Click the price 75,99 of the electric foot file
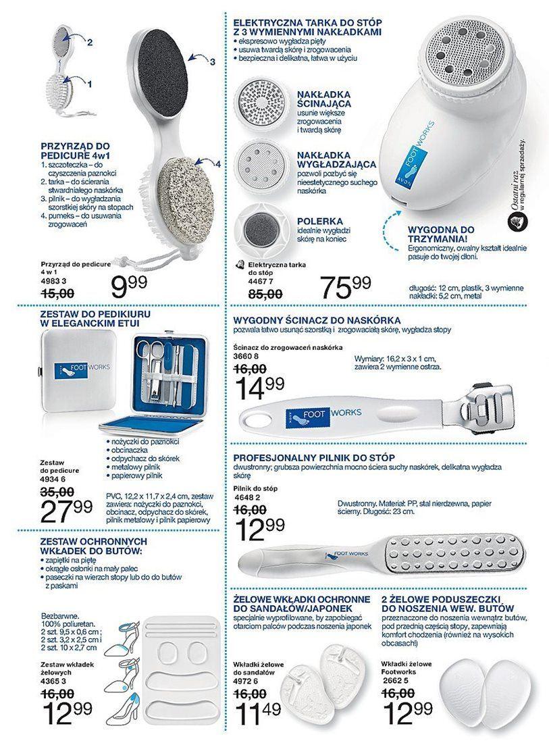pos(346,288)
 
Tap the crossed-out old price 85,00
pos(264,294)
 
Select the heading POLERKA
pos(319,221)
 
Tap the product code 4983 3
pos(55,280)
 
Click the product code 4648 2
pos(248,498)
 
